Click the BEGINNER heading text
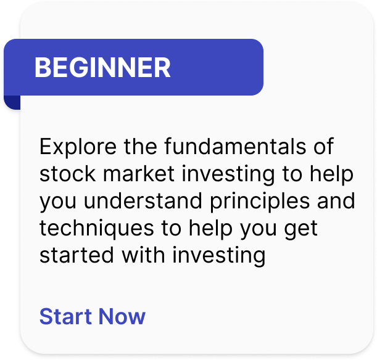[x=102, y=67]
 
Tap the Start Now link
[x=93, y=316]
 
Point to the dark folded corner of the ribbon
[x=12, y=102]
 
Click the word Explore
[x=78, y=147]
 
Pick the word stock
[x=67, y=173]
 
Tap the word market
[x=139, y=173]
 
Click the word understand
[x=143, y=200]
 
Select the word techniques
[x=97, y=229]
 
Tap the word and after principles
[x=336, y=200]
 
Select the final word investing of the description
[x=219, y=256]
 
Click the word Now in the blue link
[x=122, y=316]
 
